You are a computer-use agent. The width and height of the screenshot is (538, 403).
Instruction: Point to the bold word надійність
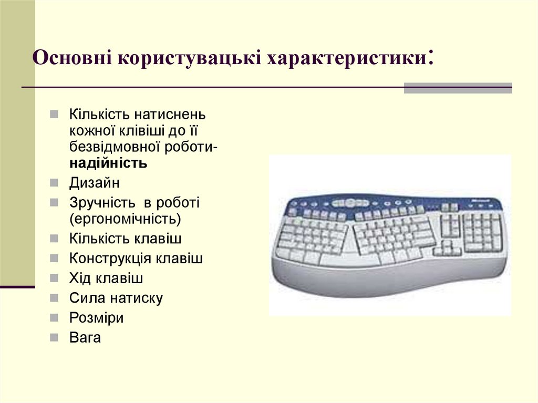pos(108,163)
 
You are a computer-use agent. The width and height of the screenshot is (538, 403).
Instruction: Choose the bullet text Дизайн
pos(95,183)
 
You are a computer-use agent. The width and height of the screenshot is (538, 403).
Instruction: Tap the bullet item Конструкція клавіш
pos(136,259)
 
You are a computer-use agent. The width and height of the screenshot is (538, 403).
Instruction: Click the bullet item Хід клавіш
pos(106,278)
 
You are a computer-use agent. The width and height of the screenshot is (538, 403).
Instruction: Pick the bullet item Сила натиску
pos(116,298)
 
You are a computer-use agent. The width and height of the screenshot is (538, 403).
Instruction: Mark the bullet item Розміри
pos(96,318)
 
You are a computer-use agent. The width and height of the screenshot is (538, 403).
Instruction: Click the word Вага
pos(85,337)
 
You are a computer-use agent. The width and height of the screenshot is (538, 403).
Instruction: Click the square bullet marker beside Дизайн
pos(55,183)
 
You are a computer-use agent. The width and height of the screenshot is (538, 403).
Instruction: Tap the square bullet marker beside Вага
pos(55,338)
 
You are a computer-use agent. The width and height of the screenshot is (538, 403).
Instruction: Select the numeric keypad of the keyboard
pos(481,231)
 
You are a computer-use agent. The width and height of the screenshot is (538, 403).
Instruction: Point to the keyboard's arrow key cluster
pos(447,249)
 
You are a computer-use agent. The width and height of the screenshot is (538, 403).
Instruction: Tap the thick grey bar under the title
pos(458,88)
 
